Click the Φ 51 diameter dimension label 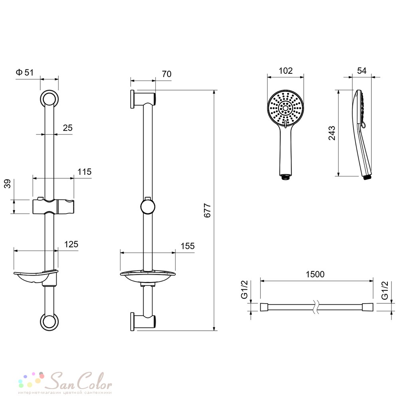click(25, 73)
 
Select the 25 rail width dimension click(67, 128)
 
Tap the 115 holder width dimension click(84, 172)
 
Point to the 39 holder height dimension click(8, 184)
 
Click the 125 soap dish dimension click(71, 244)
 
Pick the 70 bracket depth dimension click(167, 74)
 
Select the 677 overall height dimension click(207, 210)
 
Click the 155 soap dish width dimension click(188, 246)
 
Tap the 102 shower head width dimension click(286, 71)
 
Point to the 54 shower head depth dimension click(361, 71)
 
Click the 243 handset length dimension click(332, 133)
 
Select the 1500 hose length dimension click(315, 275)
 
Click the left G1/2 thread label click(244, 289)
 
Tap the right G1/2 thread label click(385, 290)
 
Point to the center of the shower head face click(286, 108)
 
